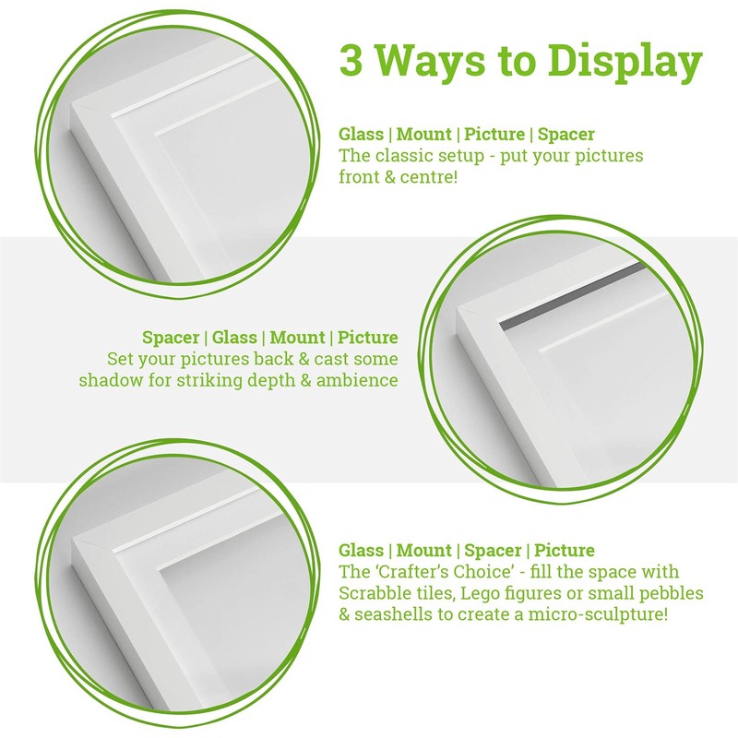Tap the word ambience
[x=356, y=380]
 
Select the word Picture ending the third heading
[x=563, y=551]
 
